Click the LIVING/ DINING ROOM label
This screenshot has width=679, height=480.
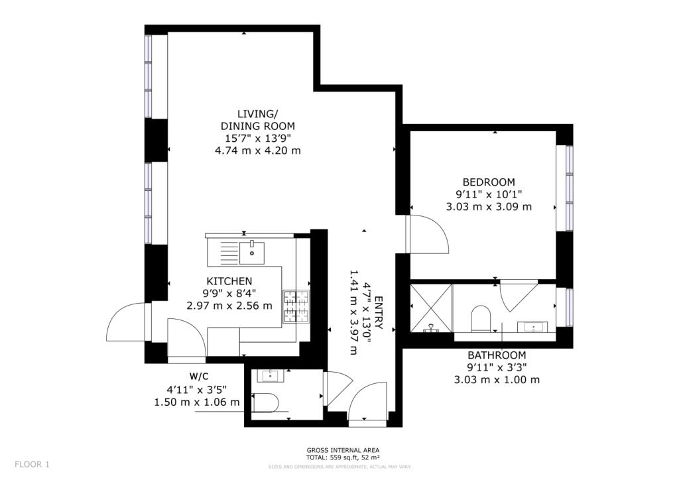tap(257, 120)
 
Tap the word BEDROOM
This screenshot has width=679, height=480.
tap(489, 182)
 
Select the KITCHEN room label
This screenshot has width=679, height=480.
tap(229, 281)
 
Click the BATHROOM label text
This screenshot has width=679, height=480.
tap(497, 355)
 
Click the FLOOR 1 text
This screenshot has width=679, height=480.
tap(32, 464)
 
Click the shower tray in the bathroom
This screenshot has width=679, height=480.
tap(431, 307)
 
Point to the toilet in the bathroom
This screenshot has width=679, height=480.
tap(479, 320)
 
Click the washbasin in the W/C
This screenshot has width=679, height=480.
tap(270, 377)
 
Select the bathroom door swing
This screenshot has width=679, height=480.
tap(516, 296)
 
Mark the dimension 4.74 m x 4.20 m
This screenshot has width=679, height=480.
tap(257, 150)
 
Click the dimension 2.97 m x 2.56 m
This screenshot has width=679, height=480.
tap(229, 306)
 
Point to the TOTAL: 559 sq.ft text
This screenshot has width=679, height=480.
tap(343, 457)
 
